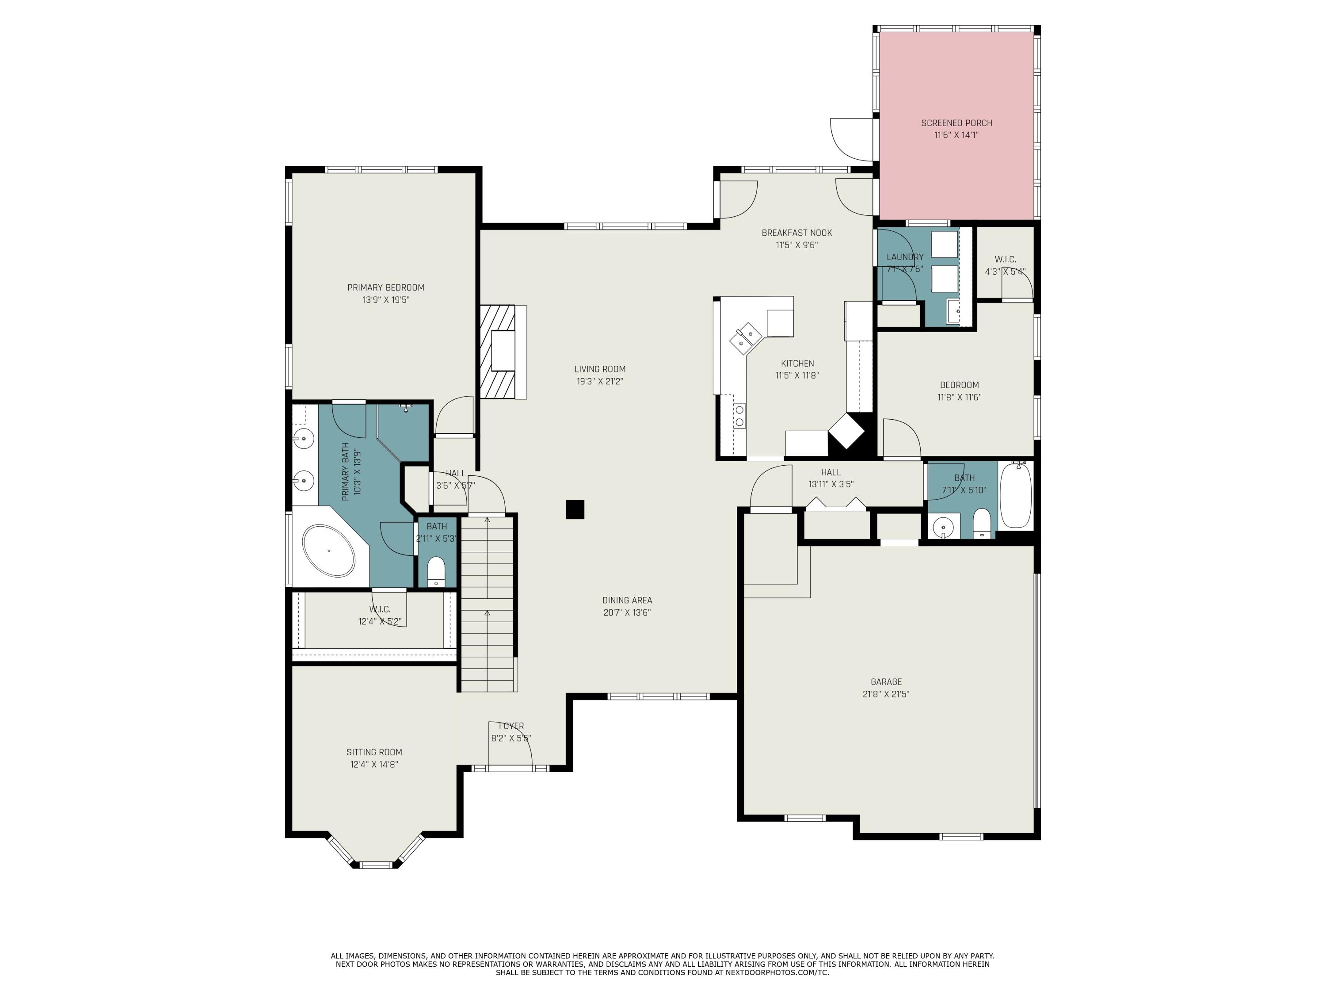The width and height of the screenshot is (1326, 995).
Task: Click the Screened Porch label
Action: (957, 123)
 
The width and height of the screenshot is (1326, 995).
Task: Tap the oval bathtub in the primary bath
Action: (328, 550)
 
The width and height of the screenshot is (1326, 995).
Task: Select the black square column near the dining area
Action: (575, 509)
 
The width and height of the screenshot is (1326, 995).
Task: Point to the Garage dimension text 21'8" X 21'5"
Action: (886, 694)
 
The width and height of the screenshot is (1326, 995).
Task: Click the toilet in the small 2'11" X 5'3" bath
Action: (436, 571)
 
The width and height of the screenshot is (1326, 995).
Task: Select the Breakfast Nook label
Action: (796, 233)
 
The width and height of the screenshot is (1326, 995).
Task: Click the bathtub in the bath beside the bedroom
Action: (1015, 495)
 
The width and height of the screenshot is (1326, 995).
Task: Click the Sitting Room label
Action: (374, 752)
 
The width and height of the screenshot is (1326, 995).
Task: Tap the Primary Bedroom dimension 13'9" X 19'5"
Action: (385, 300)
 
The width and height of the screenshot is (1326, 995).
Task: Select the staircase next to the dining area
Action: (488, 603)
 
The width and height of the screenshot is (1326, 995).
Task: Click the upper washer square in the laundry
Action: (944, 244)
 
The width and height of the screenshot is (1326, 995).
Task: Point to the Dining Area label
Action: (627, 601)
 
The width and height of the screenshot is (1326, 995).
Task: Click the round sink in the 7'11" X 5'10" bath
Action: (944, 527)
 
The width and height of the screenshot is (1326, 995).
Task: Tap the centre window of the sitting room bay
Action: (376, 864)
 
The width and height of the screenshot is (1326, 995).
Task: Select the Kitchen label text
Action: (797, 364)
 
